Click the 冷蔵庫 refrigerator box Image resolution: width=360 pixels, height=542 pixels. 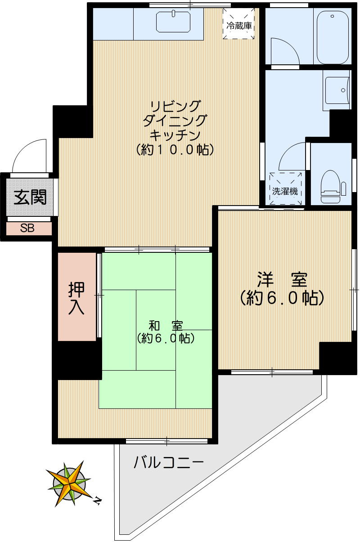click(239, 23)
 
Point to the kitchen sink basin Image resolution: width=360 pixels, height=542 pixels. click(174, 21)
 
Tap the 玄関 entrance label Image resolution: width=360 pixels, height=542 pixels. click(30, 197)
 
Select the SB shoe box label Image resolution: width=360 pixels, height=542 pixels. click(27, 228)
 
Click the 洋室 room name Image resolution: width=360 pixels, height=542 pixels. click(282, 280)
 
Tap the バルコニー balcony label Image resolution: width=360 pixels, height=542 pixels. click(169, 462)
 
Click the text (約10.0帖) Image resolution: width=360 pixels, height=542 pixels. click(175, 150)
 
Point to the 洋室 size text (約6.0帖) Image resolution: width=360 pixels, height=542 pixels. click(282, 298)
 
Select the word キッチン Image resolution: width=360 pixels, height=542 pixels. click(175, 134)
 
